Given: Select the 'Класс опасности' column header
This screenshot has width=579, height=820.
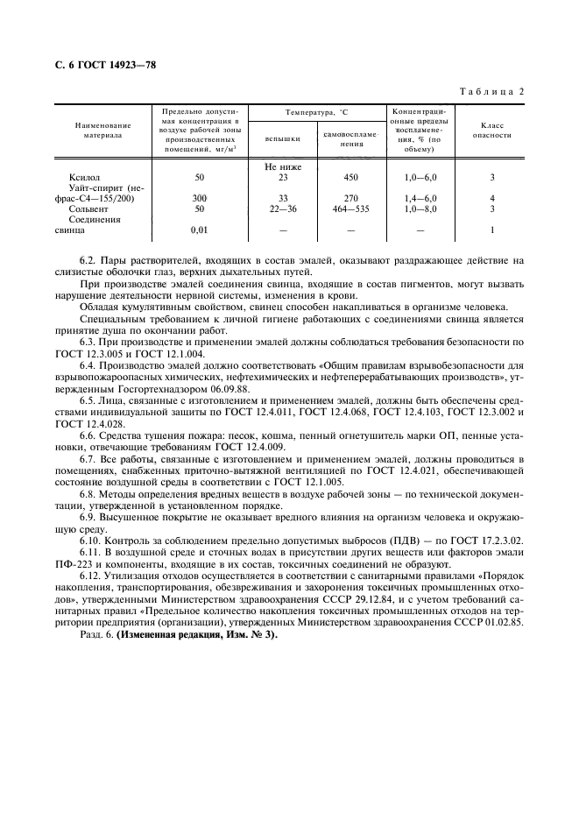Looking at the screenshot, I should click(491, 130).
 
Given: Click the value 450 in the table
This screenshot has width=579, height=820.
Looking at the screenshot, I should click(350, 177).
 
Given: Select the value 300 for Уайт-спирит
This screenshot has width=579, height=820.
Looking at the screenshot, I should click(200, 199).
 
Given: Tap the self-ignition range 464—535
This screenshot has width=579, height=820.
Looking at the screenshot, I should click(350, 209).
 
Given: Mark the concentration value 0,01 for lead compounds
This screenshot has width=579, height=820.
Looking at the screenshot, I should click(200, 230).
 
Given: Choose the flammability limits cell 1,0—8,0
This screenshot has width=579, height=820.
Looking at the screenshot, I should click(420, 209).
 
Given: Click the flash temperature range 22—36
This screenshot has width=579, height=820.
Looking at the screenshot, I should click(282, 209).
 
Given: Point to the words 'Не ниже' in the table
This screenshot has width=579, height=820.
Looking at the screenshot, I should click(282, 166).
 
